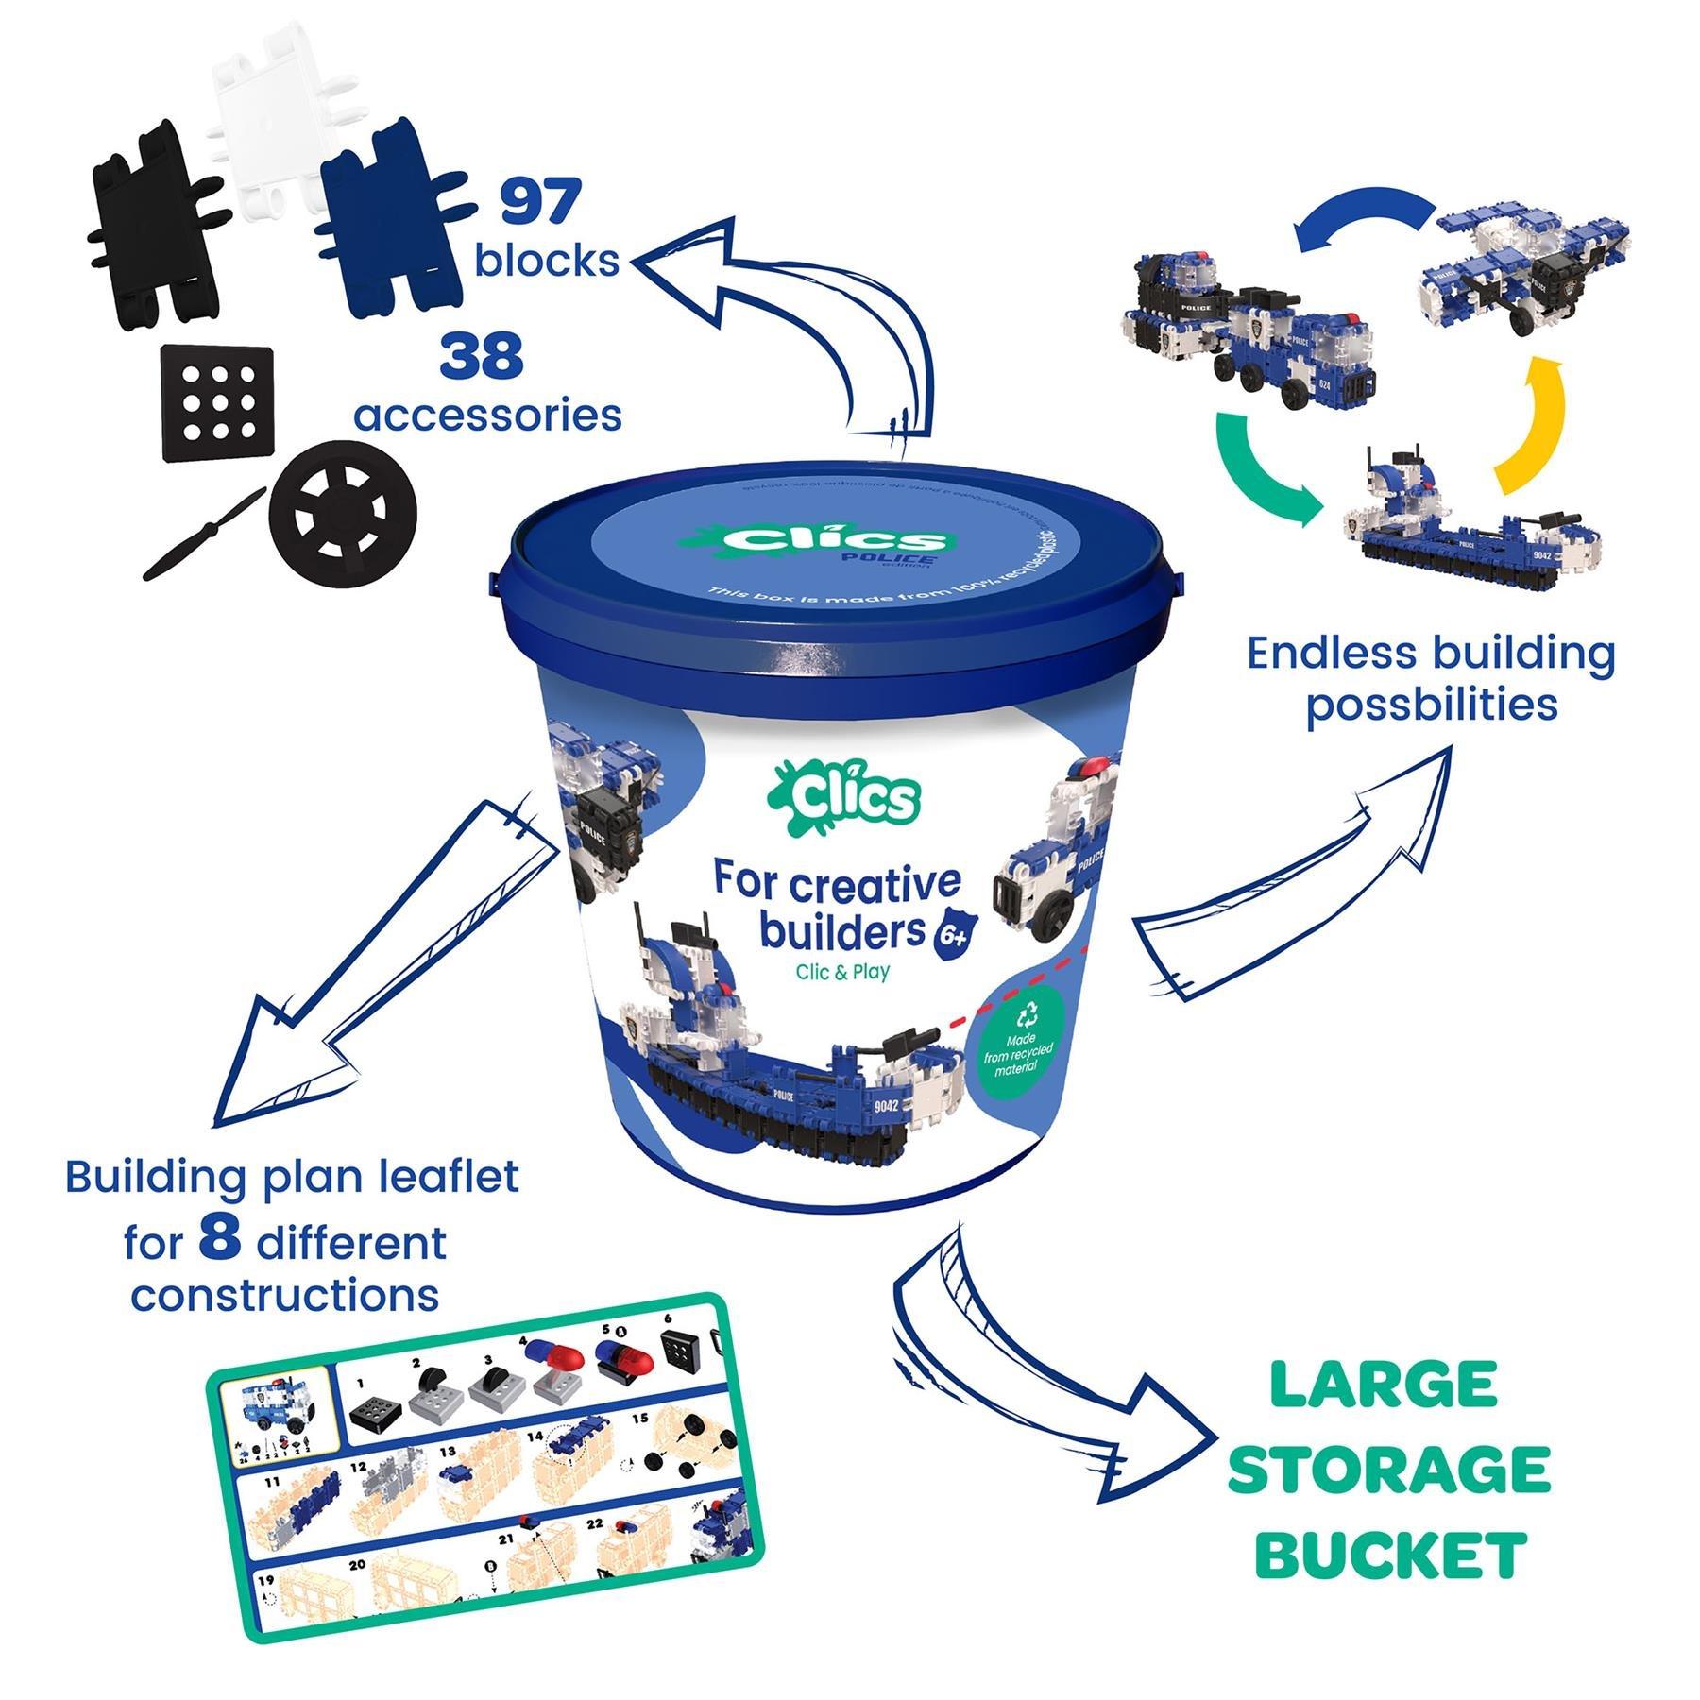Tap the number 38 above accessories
(x=482, y=356)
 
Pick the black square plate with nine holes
(x=220, y=402)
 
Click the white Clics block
(x=268, y=123)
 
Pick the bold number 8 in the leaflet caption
(x=220, y=1239)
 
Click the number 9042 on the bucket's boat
(x=886, y=1106)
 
